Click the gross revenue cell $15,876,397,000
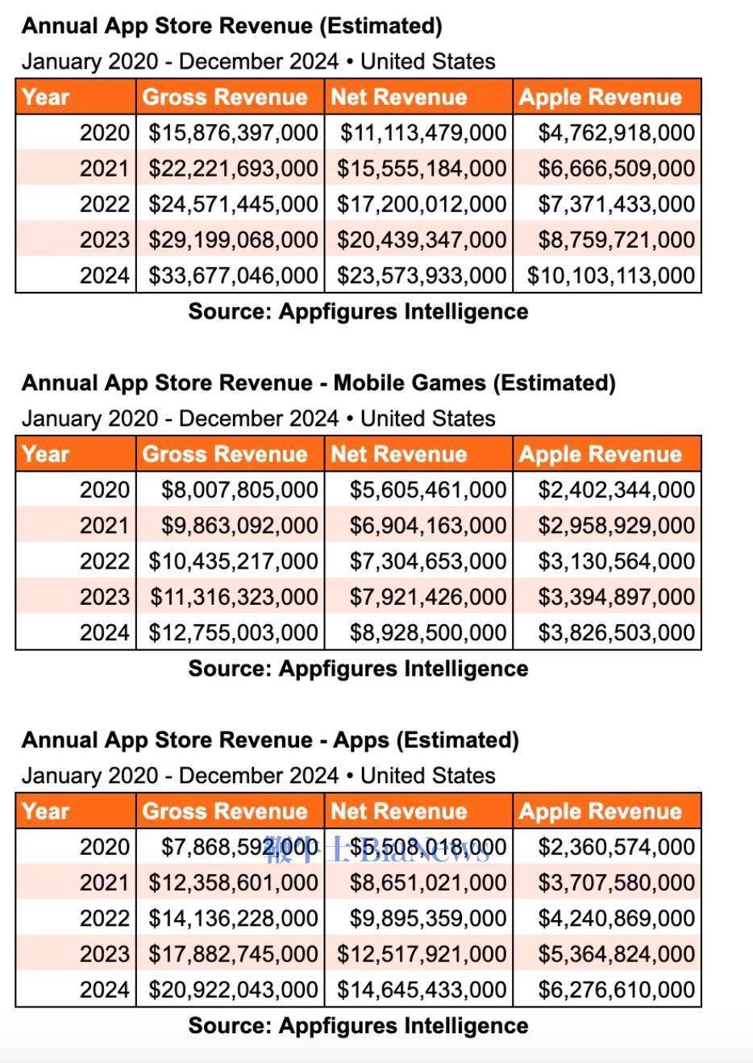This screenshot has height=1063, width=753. pos(232,133)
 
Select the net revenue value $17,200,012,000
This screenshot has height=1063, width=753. pos(421,204)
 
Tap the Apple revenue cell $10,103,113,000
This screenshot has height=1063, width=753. pos(610,276)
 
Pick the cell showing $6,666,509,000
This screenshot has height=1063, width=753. pos(616,169)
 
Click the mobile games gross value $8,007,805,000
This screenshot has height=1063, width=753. pos(239,490)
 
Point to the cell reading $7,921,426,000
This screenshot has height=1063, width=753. pos(427,597)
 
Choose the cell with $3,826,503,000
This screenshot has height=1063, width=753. pos(616,632)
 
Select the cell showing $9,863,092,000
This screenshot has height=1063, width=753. pos(239,526)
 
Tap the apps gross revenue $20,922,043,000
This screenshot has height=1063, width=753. pos(232,990)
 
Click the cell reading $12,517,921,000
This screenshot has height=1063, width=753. pos(421,954)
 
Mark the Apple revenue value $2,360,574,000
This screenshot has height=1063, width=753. pos(616,847)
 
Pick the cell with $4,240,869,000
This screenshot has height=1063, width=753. pos(616,918)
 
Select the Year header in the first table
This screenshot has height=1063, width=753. pos(45,98)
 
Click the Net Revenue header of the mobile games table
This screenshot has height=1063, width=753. pos(398,455)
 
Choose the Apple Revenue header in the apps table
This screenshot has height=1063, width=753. pos(600,811)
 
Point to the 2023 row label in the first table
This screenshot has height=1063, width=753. pos(104,240)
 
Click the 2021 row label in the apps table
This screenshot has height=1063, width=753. pos(104,882)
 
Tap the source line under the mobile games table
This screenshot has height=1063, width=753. pos(358,669)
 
